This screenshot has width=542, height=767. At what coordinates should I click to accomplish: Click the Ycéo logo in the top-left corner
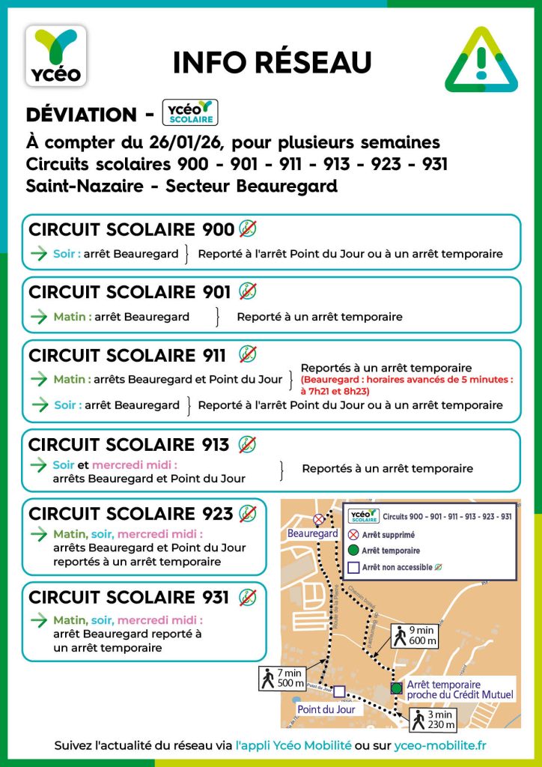coord(56,55)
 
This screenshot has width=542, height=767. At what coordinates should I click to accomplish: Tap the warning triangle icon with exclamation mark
coord(481,61)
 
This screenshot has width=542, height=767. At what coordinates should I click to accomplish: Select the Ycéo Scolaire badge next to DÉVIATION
coord(189,112)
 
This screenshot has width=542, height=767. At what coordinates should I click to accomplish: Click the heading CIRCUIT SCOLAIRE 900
coord(131,230)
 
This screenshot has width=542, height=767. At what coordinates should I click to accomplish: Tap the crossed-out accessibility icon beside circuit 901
coord(248,291)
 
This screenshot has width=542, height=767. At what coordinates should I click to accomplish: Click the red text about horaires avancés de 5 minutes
coord(406,386)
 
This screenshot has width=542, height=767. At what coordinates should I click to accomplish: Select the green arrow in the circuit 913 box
coord(38,465)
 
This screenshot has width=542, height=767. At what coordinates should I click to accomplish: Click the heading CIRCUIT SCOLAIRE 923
coord(131,514)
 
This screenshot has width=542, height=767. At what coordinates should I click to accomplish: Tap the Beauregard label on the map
coord(313,534)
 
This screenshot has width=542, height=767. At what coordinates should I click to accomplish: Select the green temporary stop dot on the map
coord(395,688)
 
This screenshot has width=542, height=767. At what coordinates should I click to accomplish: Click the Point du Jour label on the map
coord(326,709)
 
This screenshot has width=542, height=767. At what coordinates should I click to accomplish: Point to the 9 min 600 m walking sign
coord(412,636)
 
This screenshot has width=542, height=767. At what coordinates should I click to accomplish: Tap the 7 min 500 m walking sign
coord(281,677)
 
